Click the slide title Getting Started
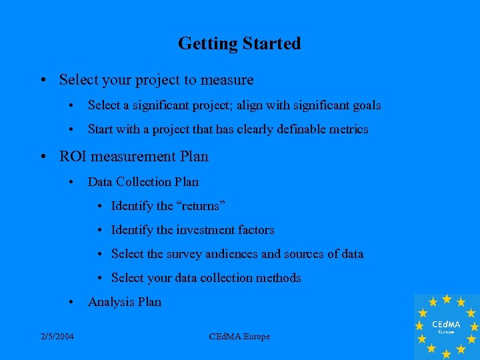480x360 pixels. click(239, 44)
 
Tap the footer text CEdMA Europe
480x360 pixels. click(239, 337)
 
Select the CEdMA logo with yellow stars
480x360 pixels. click(446, 326)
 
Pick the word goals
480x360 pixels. click(365, 105)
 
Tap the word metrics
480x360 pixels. click(347, 129)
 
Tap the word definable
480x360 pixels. click(297, 129)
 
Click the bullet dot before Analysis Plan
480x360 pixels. click(70, 302)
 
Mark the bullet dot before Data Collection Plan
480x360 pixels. click(70, 182)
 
